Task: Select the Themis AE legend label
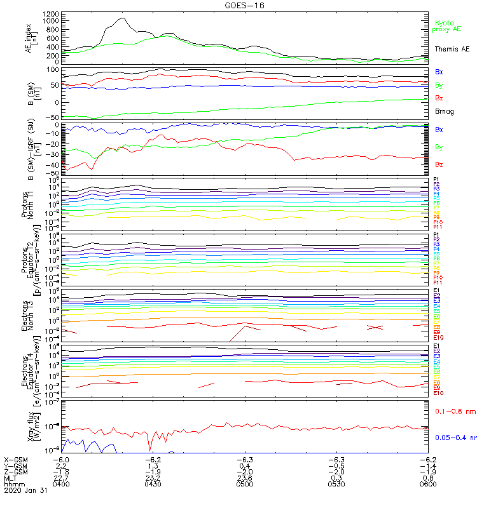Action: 452,49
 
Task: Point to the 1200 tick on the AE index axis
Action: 52,13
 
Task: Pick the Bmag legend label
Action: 443,111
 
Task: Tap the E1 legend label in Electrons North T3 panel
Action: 436,290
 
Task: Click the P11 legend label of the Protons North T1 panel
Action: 438,227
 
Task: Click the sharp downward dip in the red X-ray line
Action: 149,448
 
